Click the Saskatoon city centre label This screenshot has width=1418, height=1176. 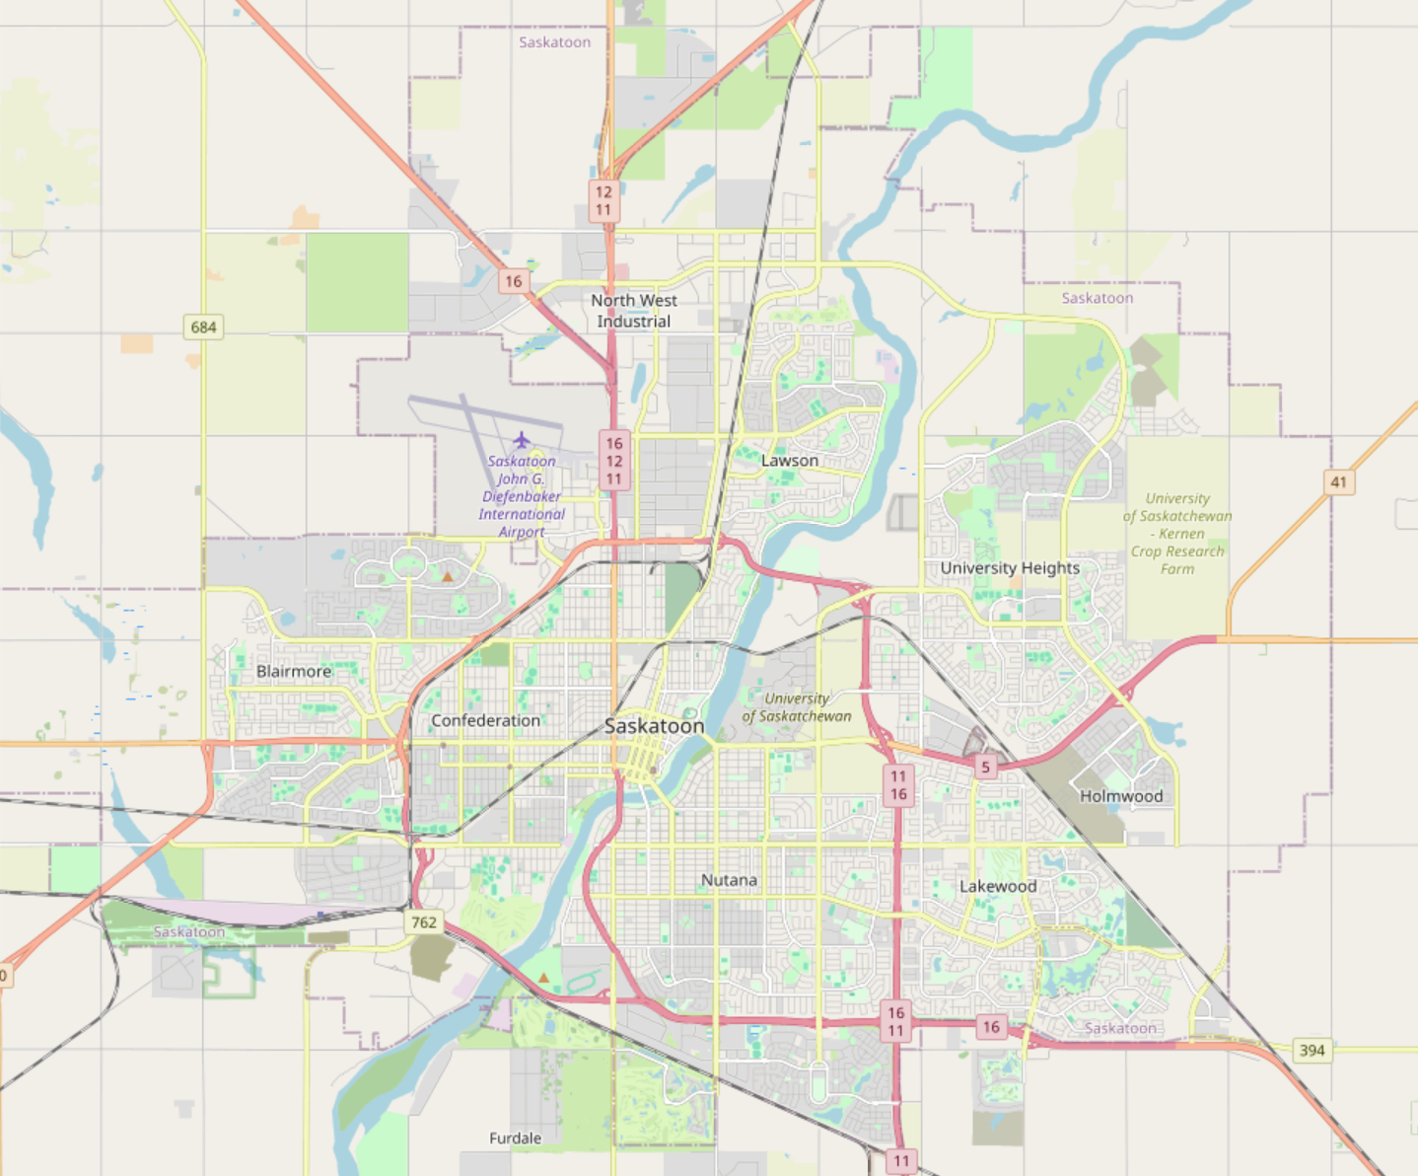point(654,726)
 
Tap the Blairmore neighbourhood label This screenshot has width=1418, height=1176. point(294,672)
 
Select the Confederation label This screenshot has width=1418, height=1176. point(485,721)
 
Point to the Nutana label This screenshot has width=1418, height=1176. point(729,880)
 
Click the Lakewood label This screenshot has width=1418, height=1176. point(998,886)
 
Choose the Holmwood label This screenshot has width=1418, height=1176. point(1121,796)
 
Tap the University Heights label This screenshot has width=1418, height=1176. point(1010,568)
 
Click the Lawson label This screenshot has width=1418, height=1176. point(789,461)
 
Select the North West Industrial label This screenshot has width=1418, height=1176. point(634,311)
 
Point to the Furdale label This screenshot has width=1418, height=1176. point(515,1139)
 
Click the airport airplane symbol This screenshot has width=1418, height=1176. point(522,440)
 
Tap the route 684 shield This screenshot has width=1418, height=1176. point(204,327)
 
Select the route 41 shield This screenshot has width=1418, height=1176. point(1338,482)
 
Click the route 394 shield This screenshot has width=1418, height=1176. point(1312,1050)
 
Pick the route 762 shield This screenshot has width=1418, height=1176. point(424,922)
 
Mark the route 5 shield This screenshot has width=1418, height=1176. point(985,767)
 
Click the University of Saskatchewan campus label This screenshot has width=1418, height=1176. point(797,707)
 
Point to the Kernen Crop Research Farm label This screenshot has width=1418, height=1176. point(1177,534)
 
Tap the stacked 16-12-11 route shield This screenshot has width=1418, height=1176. point(614,461)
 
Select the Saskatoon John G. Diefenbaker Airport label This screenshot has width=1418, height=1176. point(522,496)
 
